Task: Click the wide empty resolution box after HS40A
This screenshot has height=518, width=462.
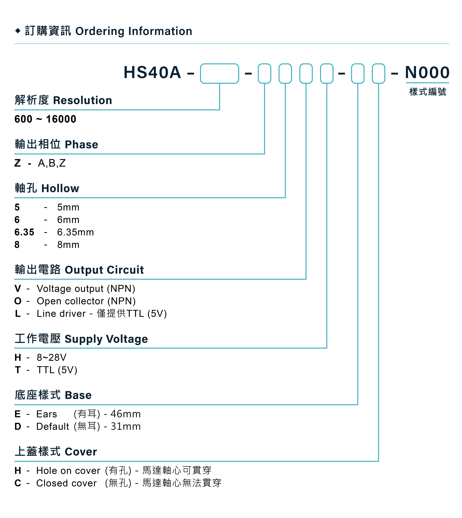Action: tap(219, 73)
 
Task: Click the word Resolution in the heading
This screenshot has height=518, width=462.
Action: tap(82, 100)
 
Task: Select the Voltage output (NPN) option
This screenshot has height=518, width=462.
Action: tap(86, 289)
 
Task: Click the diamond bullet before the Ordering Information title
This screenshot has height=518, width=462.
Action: tap(18, 31)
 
